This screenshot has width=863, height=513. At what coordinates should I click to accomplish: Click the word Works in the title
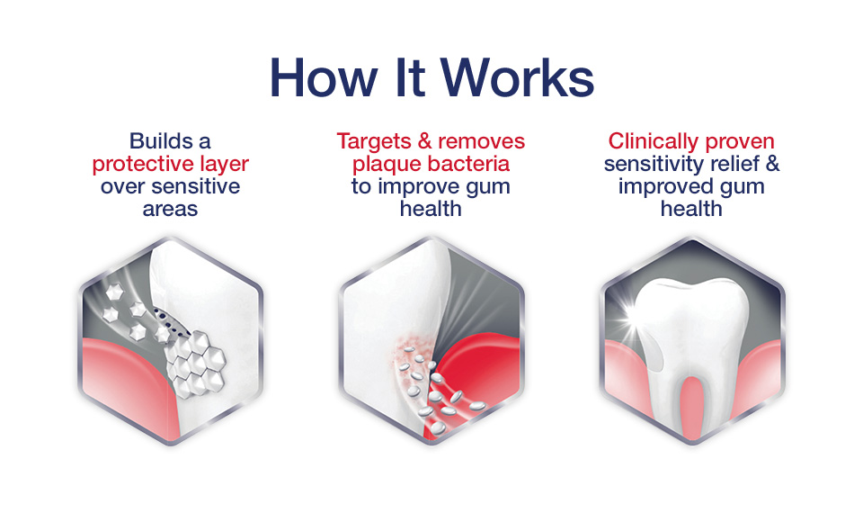(518, 77)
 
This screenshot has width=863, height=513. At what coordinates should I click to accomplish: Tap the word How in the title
(324, 77)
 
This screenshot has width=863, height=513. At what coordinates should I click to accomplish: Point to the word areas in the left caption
(170, 209)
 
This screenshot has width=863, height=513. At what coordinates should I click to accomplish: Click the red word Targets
(374, 141)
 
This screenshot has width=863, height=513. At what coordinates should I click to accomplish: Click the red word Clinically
(654, 141)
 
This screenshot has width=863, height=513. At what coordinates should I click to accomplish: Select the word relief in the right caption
(735, 164)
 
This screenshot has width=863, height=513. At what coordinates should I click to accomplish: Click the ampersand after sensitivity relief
(773, 164)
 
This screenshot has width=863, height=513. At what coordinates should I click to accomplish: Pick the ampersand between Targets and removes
(425, 141)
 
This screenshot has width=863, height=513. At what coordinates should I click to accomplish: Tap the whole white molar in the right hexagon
(692, 353)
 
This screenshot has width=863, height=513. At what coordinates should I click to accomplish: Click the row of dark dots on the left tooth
(173, 323)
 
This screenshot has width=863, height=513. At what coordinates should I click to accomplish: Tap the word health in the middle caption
(431, 208)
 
